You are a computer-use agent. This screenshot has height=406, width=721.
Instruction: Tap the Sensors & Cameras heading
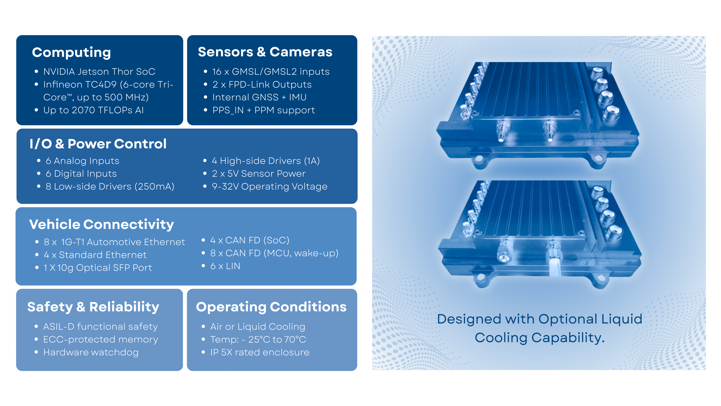(265, 52)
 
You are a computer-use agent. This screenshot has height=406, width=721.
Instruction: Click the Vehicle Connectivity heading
(101, 224)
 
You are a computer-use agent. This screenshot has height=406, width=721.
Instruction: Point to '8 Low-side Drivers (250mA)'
(110, 187)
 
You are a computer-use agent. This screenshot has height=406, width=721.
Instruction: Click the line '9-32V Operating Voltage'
(269, 187)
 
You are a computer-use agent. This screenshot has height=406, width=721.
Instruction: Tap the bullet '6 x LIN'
(225, 266)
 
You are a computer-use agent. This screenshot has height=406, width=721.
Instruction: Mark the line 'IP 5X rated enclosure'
(260, 352)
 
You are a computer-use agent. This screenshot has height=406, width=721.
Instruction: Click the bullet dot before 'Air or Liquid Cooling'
(204, 327)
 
